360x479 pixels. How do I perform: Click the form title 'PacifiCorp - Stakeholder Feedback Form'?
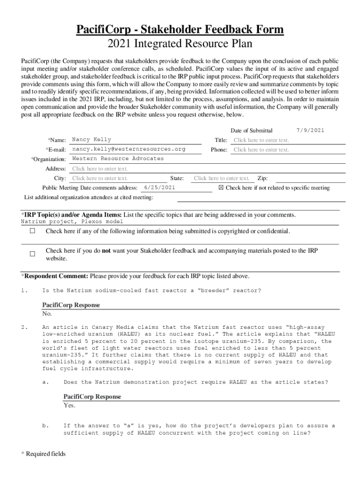[x=180, y=30]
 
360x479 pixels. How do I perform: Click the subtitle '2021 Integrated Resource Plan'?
[x=180, y=44]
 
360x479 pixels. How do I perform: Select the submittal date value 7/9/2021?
[x=310, y=131]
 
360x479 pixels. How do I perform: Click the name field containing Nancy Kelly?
[x=92, y=140]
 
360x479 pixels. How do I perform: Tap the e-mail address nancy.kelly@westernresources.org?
[x=129, y=149]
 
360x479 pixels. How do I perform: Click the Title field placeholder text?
[x=261, y=140]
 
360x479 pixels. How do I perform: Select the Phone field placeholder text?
[x=261, y=150]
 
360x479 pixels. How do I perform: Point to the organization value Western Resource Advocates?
[x=118, y=159]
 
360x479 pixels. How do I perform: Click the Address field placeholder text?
[x=100, y=169]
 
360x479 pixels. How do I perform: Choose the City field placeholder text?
[x=100, y=178]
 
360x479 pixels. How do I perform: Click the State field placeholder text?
[x=222, y=178]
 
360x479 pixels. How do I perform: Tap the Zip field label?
[x=262, y=178]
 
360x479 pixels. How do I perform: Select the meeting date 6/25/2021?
[x=160, y=188]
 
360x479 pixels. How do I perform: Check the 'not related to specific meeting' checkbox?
[x=222, y=188]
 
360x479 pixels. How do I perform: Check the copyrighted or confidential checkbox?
[x=33, y=232]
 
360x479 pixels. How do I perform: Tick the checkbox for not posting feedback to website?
[x=33, y=254]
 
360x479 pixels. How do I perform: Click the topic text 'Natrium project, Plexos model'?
[x=72, y=222]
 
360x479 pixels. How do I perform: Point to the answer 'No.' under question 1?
[x=47, y=314]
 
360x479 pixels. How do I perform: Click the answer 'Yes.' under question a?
[x=69, y=406]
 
